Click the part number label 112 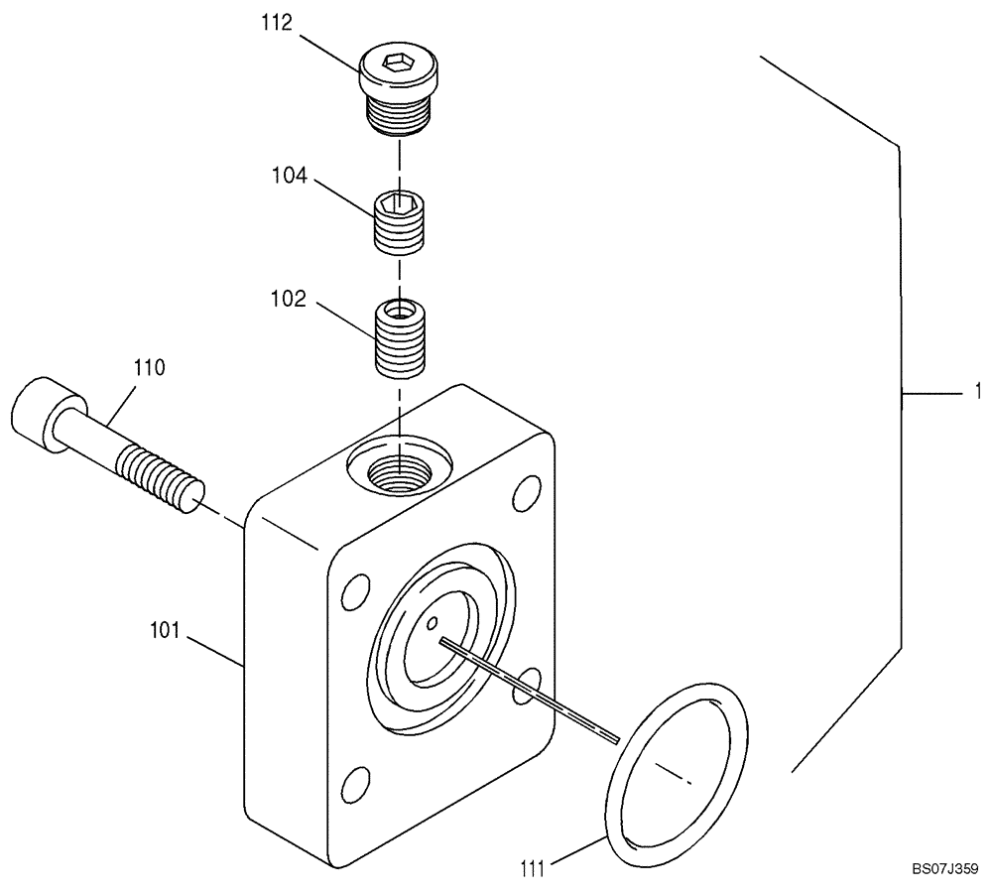coord(277,23)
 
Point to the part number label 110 coord(151,367)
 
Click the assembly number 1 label coord(977,391)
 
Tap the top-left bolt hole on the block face coord(352,591)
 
